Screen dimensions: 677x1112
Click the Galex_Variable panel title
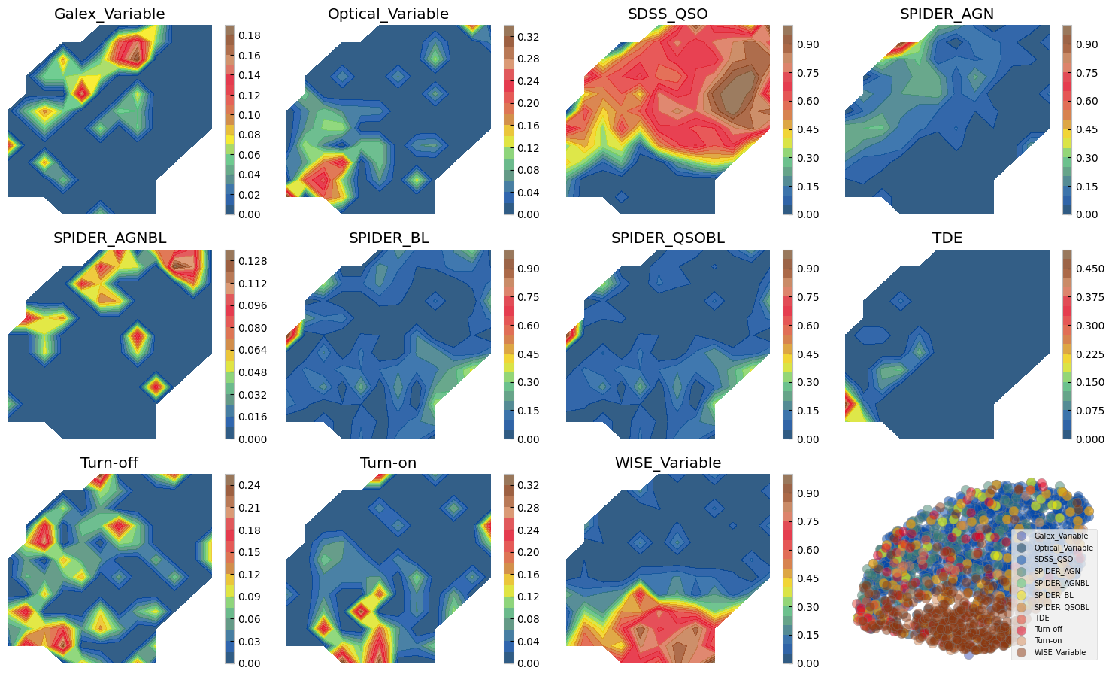pos(110,14)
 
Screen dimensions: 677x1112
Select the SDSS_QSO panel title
pos(668,14)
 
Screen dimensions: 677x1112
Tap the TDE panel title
pos(947,238)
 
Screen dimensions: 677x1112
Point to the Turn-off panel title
pos(110,463)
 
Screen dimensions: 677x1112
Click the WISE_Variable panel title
pos(668,463)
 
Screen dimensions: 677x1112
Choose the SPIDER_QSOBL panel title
pos(668,238)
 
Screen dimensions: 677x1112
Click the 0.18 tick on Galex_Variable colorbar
pos(250,35)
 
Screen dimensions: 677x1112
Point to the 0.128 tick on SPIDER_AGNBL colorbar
pos(252,261)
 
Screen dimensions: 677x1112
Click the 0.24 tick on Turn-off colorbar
pos(250,485)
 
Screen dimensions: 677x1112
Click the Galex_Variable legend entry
pos(1060,536)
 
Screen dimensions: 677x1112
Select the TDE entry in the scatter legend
pos(1041,618)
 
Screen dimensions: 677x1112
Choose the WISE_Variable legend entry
pos(1059,652)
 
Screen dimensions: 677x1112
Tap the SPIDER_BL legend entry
pos(1053,594)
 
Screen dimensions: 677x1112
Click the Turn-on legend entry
pos(1047,641)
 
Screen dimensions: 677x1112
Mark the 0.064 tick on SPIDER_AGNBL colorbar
pos(252,350)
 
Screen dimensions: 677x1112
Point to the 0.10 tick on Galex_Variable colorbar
pos(250,115)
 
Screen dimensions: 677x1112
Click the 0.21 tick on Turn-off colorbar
pos(250,508)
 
